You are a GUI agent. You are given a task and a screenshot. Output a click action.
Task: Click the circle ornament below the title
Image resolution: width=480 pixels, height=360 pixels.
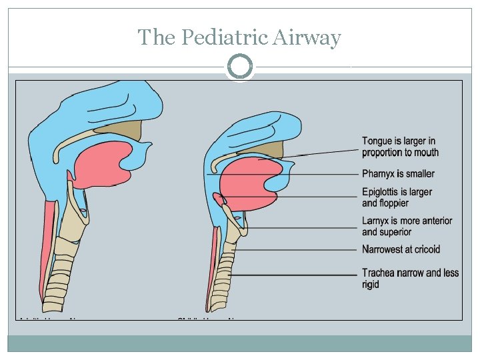coord(240,67)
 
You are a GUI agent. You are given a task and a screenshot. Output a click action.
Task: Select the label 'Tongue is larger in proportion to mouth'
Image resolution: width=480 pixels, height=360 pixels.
coord(400,147)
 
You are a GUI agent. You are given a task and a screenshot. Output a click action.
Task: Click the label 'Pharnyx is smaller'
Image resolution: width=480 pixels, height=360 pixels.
coord(398,174)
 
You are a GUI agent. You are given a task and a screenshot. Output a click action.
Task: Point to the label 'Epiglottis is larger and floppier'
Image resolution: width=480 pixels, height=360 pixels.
coord(397,197)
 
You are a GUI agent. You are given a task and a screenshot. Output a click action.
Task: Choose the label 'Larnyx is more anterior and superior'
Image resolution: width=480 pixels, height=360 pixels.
coord(407,226)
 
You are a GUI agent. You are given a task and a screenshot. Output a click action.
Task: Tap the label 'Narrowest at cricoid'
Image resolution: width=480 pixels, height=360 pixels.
coord(401,249)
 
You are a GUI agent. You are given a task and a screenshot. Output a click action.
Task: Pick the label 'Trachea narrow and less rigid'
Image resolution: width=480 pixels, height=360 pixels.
coord(410,278)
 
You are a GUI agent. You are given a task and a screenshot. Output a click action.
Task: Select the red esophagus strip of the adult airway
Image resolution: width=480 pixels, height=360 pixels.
coord(47,247)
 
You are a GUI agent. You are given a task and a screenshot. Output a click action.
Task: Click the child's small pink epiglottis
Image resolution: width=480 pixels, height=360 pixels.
coord(219,199)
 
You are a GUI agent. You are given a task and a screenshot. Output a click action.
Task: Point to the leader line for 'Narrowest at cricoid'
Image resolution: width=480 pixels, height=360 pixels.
coord(300,251)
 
